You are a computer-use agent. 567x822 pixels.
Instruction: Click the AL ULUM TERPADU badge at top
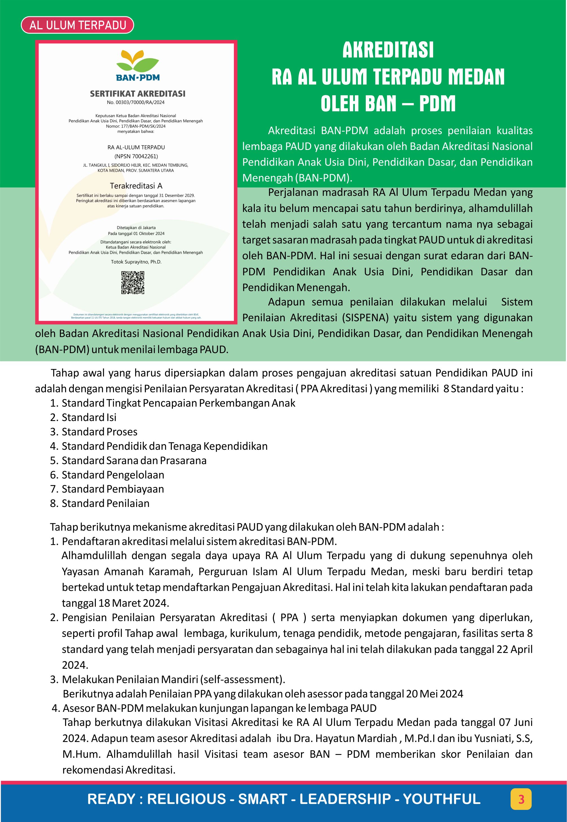click(x=77, y=25)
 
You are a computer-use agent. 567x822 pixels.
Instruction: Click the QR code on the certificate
click(x=132, y=283)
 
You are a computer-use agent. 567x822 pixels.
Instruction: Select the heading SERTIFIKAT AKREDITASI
click(x=138, y=94)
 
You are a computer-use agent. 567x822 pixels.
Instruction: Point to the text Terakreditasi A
click(x=136, y=186)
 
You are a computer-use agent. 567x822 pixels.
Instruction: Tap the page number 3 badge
click(x=521, y=799)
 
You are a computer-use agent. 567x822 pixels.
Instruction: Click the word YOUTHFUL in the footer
click(x=442, y=799)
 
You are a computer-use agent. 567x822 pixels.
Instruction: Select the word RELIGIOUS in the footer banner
click(x=186, y=799)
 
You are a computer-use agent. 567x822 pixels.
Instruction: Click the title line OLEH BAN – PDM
click(x=388, y=104)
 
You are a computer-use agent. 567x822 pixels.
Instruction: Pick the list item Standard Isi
click(x=89, y=417)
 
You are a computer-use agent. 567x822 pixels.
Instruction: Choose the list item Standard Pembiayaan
click(x=113, y=489)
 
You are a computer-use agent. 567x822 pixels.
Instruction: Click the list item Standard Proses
click(x=99, y=432)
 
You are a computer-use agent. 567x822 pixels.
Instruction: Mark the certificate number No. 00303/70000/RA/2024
click(x=136, y=102)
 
